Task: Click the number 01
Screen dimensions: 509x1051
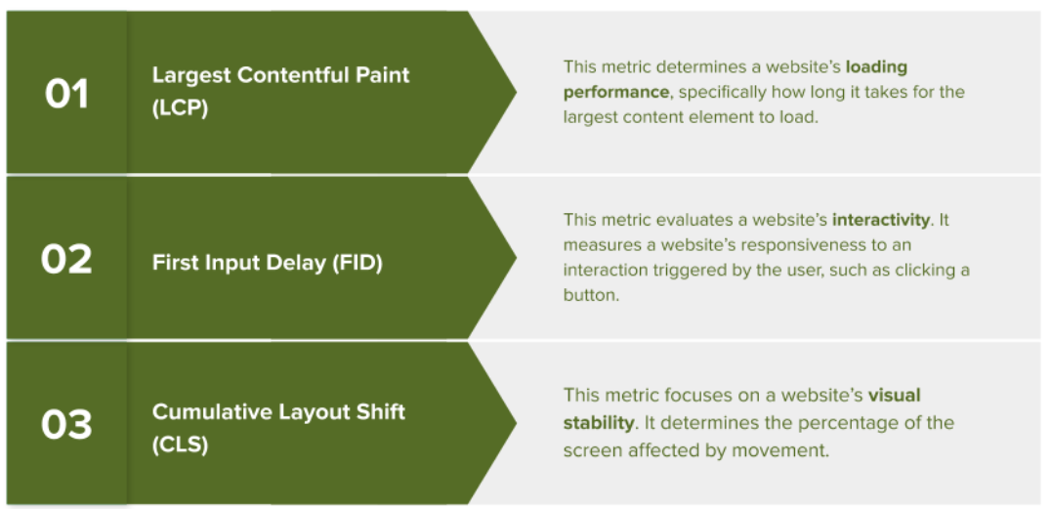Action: click(x=66, y=94)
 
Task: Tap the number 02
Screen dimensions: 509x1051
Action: click(x=66, y=259)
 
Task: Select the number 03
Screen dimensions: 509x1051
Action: click(x=66, y=425)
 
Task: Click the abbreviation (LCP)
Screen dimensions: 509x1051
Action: click(x=181, y=108)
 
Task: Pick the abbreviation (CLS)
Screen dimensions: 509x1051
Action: click(x=181, y=445)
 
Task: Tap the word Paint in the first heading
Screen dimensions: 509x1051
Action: click(x=382, y=75)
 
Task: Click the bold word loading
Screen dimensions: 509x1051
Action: click(x=876, y=67)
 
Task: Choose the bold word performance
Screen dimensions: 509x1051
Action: click(x=616, y=92)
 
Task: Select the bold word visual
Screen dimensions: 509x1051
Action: click(x=895, y=396)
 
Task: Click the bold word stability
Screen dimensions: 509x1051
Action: click(x=599, y=422)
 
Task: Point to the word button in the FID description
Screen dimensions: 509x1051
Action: click(x=590, y=295)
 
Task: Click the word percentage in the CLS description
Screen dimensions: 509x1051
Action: click(x=850, y=422)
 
